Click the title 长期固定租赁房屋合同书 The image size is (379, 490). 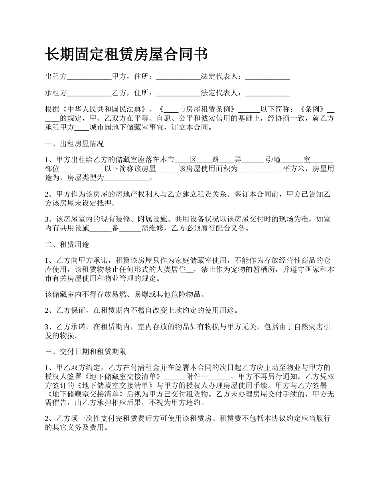(126, 55)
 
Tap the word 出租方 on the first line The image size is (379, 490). (56, 76)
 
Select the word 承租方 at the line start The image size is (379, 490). (56, 93)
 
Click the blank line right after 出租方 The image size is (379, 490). (89, 77)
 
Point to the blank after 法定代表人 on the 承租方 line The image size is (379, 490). (267, 94)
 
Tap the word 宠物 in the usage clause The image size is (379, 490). (249, 270)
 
